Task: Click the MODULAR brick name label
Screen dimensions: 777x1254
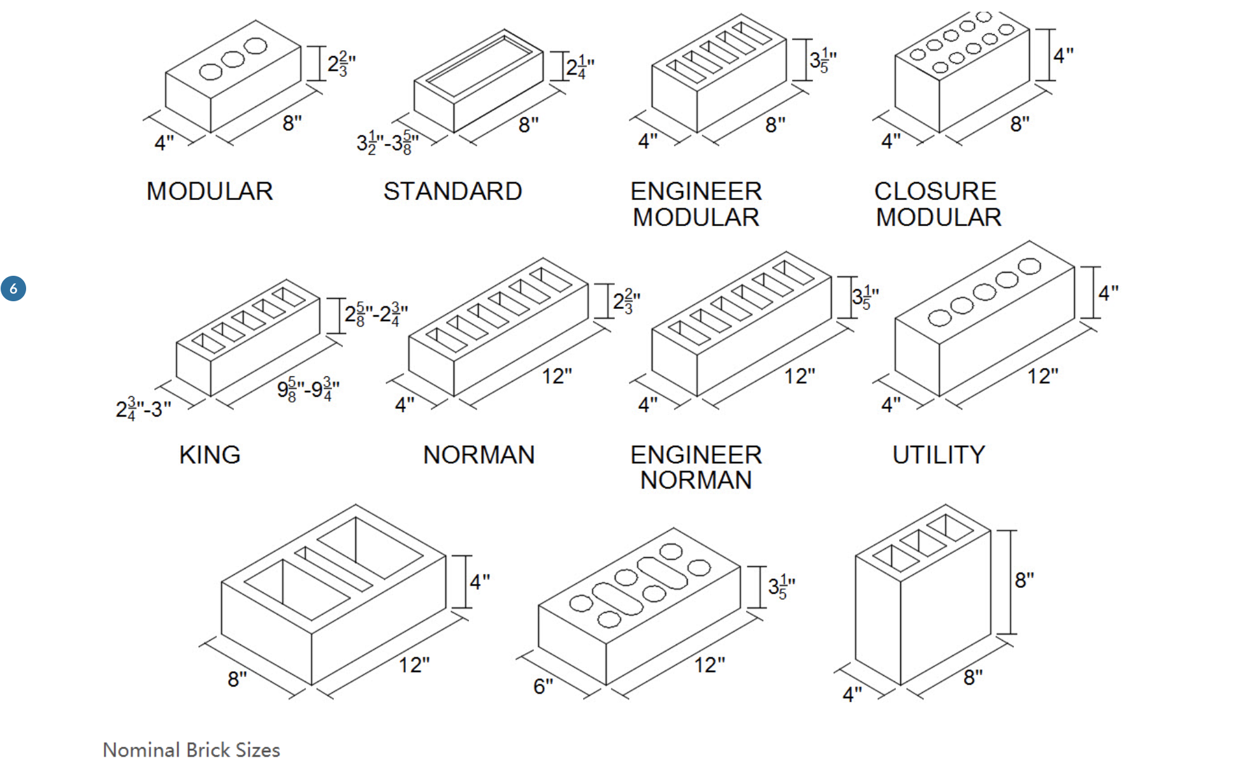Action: (210, 192)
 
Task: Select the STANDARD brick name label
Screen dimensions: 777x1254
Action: (452, 192)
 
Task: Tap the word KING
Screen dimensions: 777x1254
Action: (210, 455)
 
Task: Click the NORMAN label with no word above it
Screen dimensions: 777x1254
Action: (479, 455)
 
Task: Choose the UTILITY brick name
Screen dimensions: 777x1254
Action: (939, 455)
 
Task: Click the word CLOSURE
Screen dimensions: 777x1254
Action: (935, 191)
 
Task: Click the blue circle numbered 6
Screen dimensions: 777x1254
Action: (13, 289)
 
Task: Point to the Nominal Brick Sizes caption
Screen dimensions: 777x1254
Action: (191, 750)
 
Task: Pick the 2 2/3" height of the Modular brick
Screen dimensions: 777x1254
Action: (341, 64)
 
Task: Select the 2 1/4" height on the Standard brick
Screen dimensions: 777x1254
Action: (580, 67)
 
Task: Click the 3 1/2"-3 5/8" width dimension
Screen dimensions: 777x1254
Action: (387, 143)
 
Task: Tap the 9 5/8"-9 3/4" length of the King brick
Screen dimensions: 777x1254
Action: (308, 389)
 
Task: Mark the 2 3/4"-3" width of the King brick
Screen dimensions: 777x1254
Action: (143, 408)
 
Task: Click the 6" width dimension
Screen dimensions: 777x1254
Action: (543, 686)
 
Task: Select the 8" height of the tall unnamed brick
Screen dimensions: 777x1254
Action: (1024, 580)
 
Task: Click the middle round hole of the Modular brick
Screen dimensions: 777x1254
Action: (233, 59)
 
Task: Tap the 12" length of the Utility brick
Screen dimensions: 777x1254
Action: (1042, 376)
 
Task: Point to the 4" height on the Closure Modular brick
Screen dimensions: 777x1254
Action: (1063, 55)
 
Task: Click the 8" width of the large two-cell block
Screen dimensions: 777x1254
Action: (237, 679)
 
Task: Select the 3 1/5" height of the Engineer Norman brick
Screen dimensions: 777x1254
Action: (865, 297)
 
